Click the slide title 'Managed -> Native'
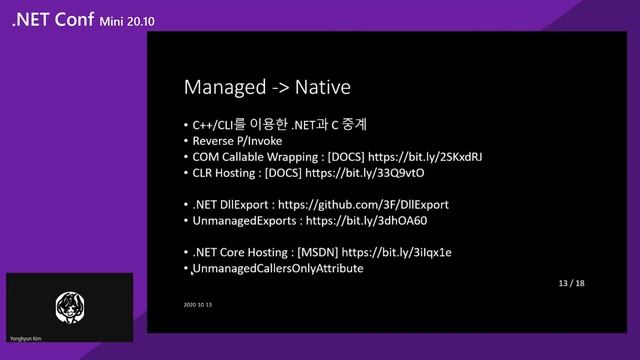click(x=266, y=88)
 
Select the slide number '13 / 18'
click(x=572, y=284)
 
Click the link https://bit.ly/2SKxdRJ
click(x=425, y=157)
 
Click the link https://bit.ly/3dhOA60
click(x=366, y=220)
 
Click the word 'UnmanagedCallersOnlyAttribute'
click(x=277, y=269)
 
